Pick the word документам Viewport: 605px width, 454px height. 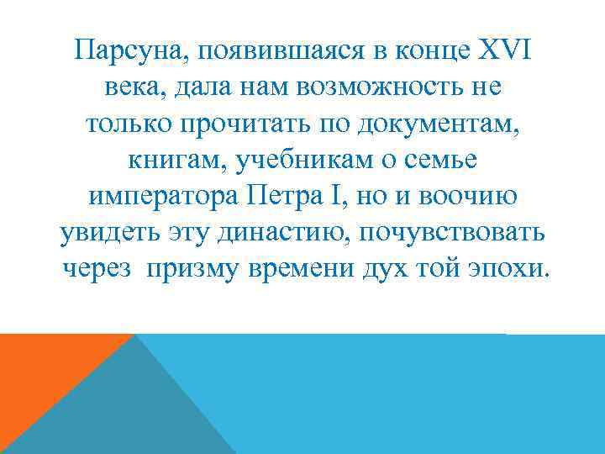click(431, 124)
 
